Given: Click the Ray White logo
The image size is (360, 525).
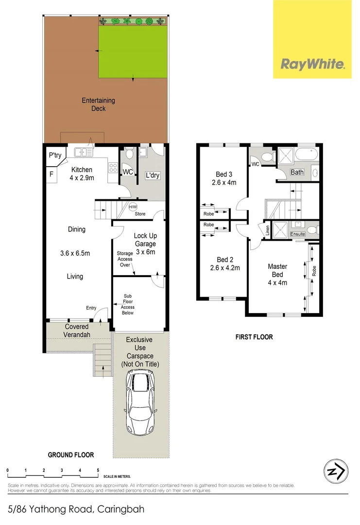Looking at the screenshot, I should [x=312, y=64].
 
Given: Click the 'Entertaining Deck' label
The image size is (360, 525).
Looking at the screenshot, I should [x=98, y=105].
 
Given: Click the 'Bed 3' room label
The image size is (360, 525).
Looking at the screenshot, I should [x=223, y=178].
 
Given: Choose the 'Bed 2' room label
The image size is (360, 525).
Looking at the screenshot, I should [x=223, y=263].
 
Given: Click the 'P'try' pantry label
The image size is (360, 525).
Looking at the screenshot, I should [x=54, y=156].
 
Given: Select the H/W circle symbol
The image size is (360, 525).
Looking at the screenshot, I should [x=132, y=207].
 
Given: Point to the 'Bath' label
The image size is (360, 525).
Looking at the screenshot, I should [x=297, y=172].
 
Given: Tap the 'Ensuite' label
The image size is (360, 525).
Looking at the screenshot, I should [x=298, y=234].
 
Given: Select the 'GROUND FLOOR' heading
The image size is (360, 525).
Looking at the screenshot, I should [x=70, y=455].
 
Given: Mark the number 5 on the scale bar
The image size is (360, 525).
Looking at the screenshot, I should [x=98, y=470].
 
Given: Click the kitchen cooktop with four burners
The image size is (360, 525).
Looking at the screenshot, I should [x=113, y=167].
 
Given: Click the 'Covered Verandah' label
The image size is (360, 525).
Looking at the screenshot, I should [x=77, y=331].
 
